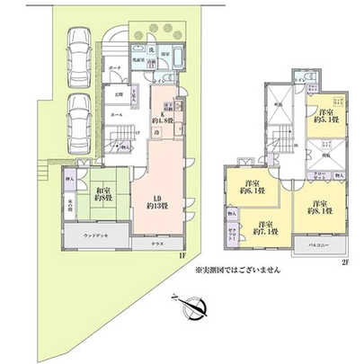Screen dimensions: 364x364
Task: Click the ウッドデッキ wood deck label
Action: pyautogui.click(x=95, y=236)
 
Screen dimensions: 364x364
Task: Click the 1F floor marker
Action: pyautogui.click(x=181, y=255)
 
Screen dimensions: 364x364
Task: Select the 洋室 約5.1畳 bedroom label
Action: pyautogui.click(x=326, y=117)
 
